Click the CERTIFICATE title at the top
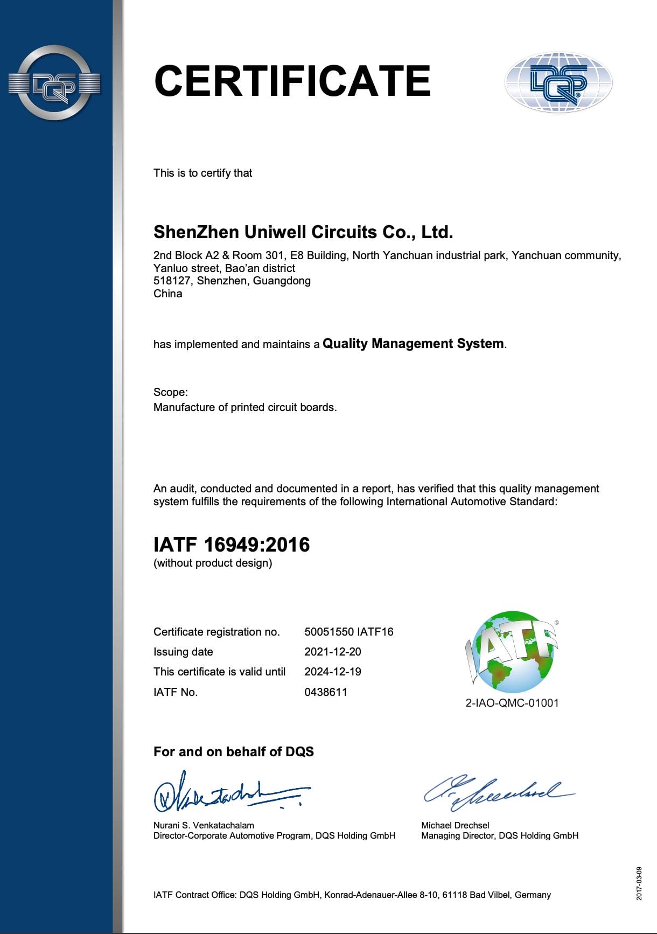click(292, 81)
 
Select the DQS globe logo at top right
click(558, 82)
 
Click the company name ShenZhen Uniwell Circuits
click(303, 232)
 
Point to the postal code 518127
click(173, 281)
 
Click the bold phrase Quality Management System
click(413, 344)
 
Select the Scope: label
click(171, 392)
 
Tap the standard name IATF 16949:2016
click(232, 545)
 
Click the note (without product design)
click(213, 563)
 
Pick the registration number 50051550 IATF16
click(349, 632)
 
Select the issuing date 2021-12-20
click(333, 652)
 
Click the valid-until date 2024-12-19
click(333, 672)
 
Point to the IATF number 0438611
click(326, 692)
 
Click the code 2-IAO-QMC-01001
click(512, 703)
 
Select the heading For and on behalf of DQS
click(234, 752)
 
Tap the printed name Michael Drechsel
click(455, 825)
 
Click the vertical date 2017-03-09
click(639, 883)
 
